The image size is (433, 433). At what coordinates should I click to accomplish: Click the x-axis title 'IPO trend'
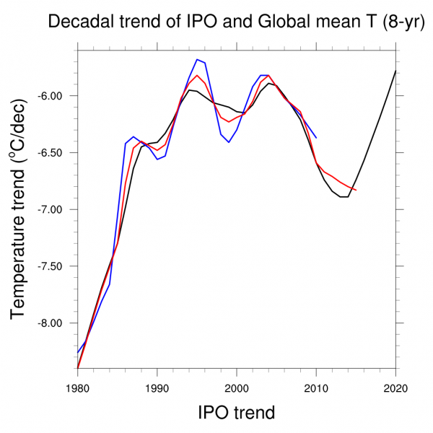[x=237, y=413]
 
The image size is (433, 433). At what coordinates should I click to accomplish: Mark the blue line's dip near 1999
[x=229, y=142]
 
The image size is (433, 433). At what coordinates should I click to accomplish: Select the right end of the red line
[x=356, y=190]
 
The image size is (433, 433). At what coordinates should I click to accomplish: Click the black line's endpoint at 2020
[x=395, y=71]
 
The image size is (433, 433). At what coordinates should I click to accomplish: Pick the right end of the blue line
[x=316, y=137]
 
